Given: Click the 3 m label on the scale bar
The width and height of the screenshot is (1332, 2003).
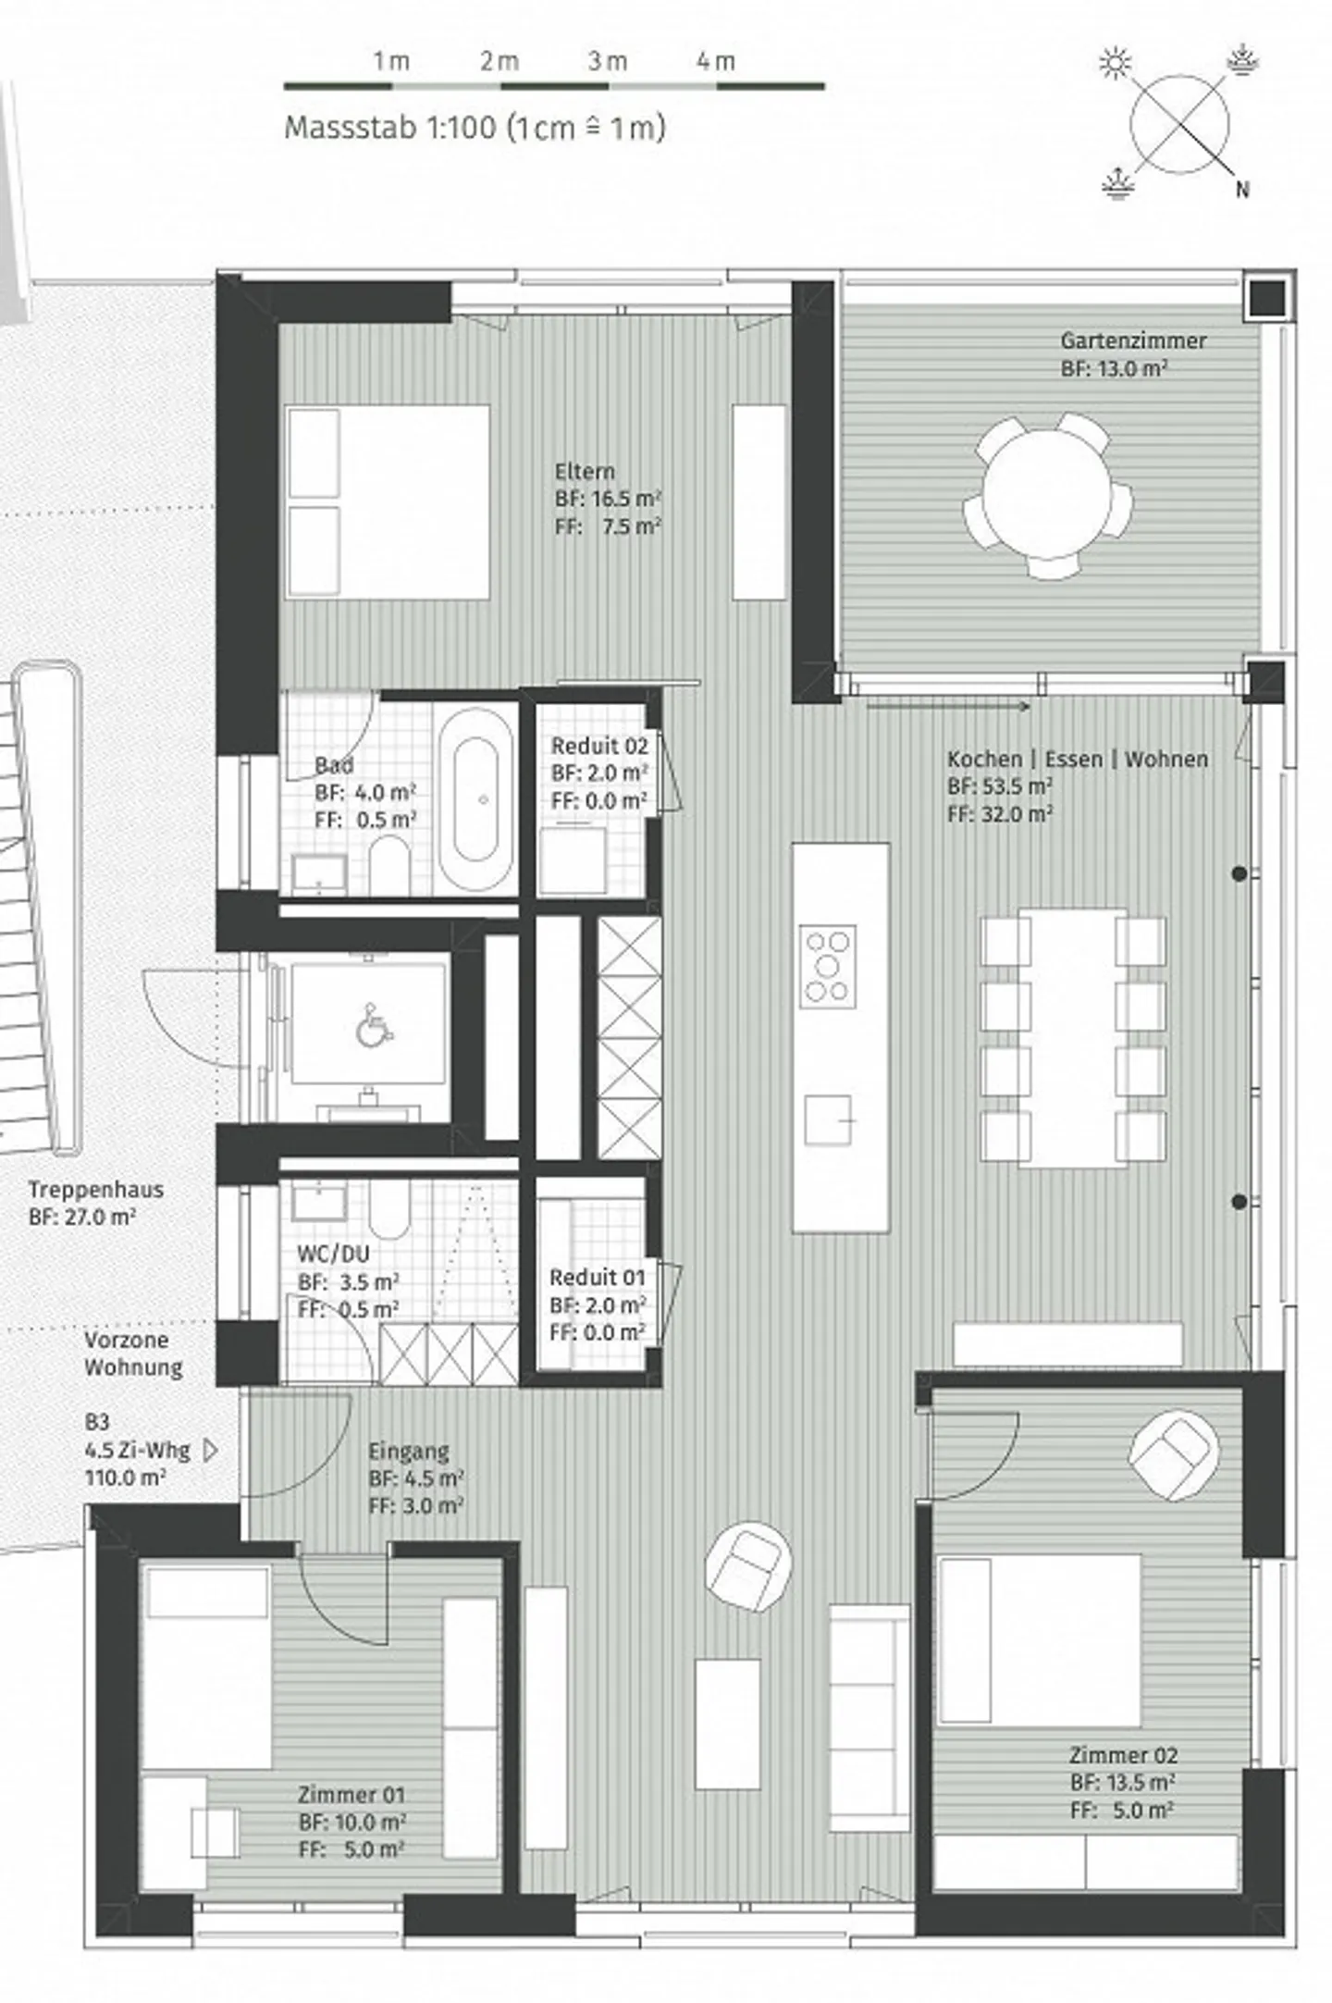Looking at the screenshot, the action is [x=607, y=61].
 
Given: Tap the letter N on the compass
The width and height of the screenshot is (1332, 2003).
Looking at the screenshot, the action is [x=1242, y=190].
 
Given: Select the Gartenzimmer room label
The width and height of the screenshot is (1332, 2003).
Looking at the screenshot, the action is [x=1133, y=340].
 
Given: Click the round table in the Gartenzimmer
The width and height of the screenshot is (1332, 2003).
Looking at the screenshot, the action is [x=1046, y=497].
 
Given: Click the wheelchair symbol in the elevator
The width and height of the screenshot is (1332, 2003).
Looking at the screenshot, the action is [x=369, y=1024].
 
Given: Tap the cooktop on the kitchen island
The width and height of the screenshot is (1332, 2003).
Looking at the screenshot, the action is [x=827, y=966].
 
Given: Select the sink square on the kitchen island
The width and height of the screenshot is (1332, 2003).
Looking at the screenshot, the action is [x=827, y=1120].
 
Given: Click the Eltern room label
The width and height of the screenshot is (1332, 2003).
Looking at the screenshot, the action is [x=584, y=470].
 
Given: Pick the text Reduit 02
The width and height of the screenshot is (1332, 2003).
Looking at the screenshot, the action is [x=599, y=746].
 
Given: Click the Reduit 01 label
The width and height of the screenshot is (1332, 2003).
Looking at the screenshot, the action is [x=598, y=1278].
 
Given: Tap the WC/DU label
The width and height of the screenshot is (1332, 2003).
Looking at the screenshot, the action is [x=333, y=1254].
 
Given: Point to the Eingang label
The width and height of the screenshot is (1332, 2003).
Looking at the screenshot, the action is [x=409, y=1451].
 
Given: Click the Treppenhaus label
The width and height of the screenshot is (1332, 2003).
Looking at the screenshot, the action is [x=95, y=1190].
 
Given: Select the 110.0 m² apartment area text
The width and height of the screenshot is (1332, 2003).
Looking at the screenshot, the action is [x=125, y=1478].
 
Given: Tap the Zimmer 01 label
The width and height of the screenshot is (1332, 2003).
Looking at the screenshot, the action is [x=351, y=1795].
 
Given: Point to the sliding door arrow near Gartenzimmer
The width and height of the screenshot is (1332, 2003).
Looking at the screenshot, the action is [x=948, y=706].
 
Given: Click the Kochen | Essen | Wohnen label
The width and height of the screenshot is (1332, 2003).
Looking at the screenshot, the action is [x=1078, y=759].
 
